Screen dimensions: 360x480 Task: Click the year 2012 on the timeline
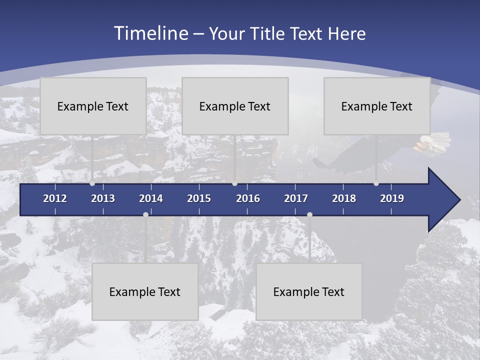[x=55, y=198]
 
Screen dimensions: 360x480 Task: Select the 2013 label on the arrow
[x=103, y=198]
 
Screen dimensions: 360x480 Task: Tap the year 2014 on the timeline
[x=151, y=198]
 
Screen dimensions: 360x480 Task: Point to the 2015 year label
[x=199, y=198]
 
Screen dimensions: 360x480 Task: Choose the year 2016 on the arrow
[x=248, y=198]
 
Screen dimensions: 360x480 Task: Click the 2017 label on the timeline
[x=296, y=198]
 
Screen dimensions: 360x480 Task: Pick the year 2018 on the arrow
[x=344, y=198]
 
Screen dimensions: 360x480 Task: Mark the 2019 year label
[x=392, y=198]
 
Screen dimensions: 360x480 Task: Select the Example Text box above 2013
[x=93, y=106]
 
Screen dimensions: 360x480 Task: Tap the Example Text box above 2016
[x=235, y=106]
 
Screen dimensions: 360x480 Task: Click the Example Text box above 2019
[x=377, y=106]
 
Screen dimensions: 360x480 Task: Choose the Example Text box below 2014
[x=145, y=291]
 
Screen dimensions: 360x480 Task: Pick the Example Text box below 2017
[x=309, y=291]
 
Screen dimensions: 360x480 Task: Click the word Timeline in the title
[x=150, y=33]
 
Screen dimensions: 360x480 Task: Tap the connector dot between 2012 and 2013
[x=92, y=183]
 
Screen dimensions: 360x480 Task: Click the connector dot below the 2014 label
[x=145, y=214]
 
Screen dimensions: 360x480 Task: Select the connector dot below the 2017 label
[x=309, y=214]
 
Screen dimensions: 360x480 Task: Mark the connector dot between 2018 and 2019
[x=376, y=183]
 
